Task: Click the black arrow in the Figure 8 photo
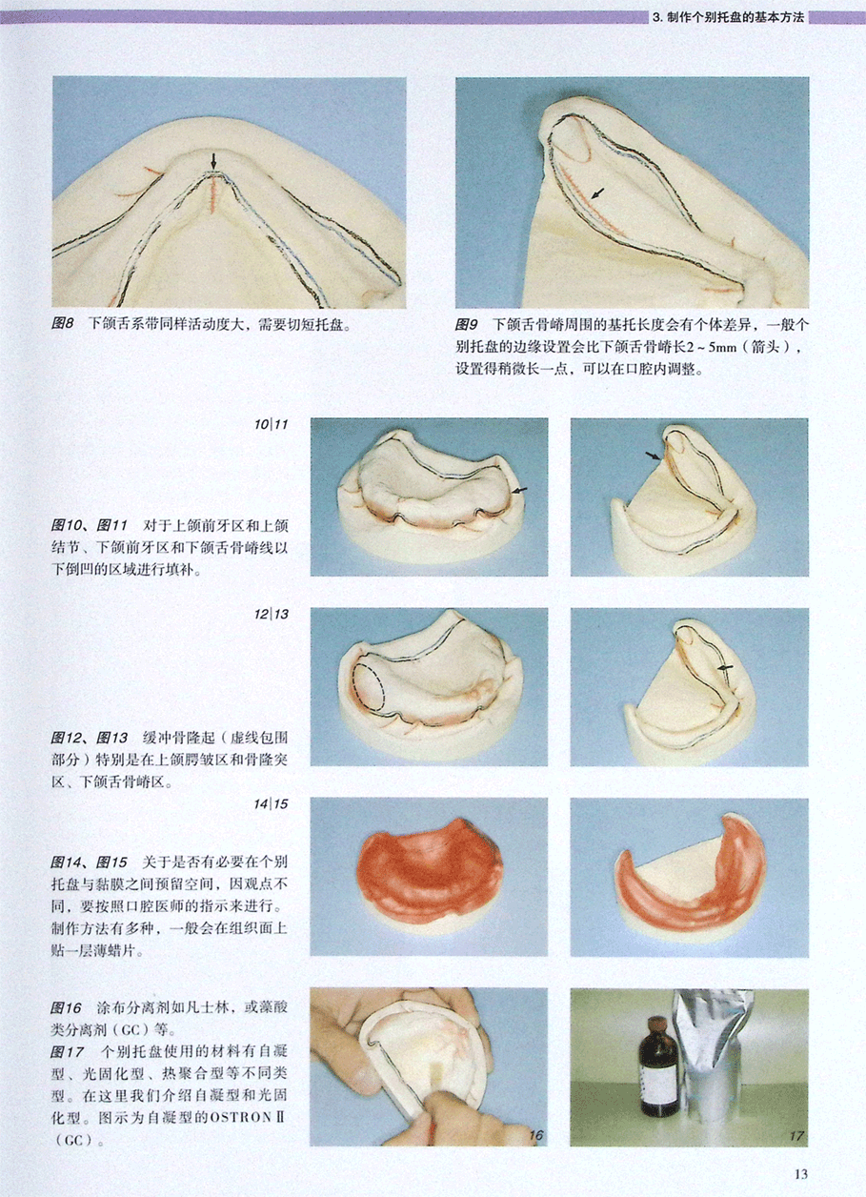(213, 161)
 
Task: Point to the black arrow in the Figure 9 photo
(598, 193)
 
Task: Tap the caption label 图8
(62, 324)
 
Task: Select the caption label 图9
(467, 324)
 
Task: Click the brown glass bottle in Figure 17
(656, 1066)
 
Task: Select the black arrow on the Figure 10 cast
(519, 490)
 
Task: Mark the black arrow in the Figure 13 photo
(726, 667)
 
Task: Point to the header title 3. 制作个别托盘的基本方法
(729, 17)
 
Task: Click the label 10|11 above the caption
(271, 424)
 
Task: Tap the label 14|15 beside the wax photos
(271, 803)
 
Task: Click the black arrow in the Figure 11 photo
(653, 456)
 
